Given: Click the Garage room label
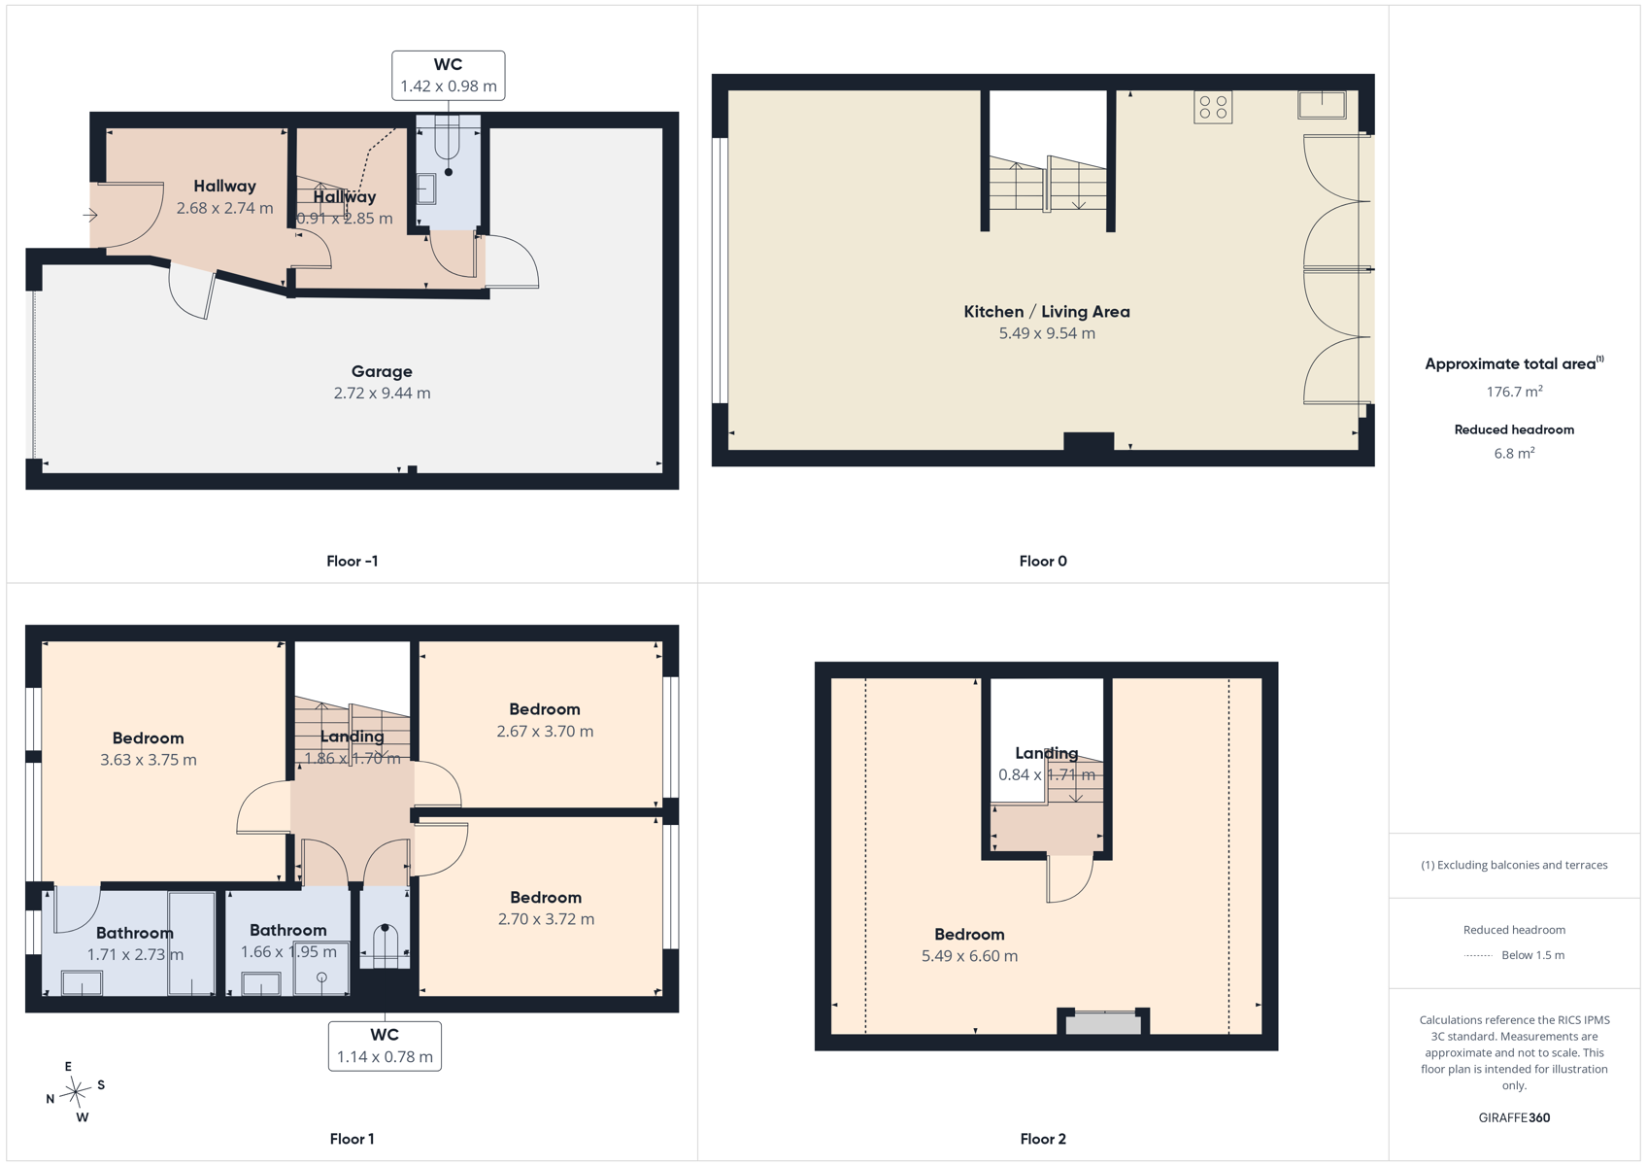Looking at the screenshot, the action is point(382,371).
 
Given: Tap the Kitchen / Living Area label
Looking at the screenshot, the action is point(1046,312).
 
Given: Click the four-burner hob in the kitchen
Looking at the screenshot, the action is point(1213,107).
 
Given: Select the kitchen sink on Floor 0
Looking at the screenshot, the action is point(1322,105).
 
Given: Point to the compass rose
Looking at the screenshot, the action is point(75,1092).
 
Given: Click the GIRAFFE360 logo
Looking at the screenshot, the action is point(1514,1117).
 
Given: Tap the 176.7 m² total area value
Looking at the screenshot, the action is point(1514,392).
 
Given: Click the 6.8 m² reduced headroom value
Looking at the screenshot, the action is point(1514,453).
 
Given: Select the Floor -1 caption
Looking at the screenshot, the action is point(353,562).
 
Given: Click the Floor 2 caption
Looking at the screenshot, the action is point(1043,1139).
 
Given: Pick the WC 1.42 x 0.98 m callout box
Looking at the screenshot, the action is point(449,76).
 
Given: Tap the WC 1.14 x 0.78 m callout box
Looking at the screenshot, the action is point(385,1046).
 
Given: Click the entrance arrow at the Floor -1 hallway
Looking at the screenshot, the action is point(89,216).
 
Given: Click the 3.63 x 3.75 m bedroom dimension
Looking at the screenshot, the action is point(149,760).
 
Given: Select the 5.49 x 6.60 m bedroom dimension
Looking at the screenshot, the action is point(969,956).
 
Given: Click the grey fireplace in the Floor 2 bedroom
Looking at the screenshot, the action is point(1103,1023).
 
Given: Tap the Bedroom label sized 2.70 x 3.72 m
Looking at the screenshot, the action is point(546,898).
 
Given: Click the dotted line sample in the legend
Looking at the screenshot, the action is point(1477,955).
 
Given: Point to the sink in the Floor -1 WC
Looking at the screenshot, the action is point(425,189).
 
